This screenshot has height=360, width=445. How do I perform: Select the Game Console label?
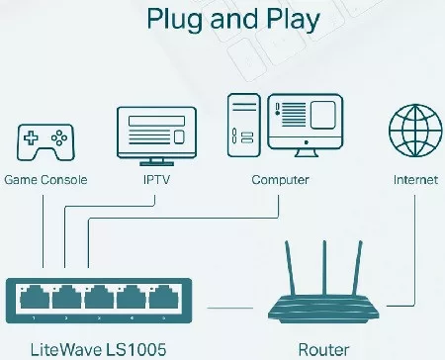(45, 181)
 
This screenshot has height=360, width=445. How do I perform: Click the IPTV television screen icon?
(155, 131)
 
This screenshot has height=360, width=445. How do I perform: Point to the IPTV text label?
(155, 181)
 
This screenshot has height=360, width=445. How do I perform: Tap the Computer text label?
(280, 181)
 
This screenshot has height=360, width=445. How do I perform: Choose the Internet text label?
(413, 181)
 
